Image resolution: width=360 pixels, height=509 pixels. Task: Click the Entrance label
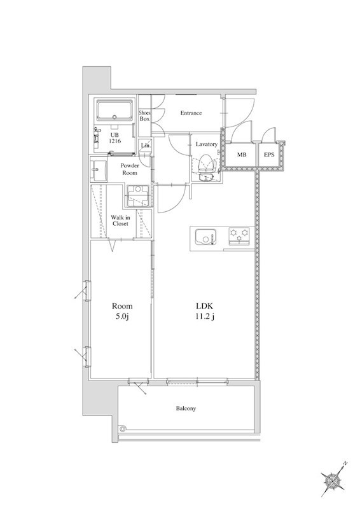point(191,113)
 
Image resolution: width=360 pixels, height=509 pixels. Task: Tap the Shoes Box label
point(144,116)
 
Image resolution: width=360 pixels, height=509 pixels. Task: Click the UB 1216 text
point(115,138)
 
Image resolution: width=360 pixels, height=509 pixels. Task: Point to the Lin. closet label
point(146,146)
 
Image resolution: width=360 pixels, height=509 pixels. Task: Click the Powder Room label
point(130,169)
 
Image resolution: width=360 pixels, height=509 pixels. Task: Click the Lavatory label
point(207,144)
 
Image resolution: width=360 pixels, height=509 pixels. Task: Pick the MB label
point(241,155)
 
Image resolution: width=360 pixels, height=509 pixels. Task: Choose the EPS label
point(269,155)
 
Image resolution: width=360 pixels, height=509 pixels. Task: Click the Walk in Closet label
point(120,220)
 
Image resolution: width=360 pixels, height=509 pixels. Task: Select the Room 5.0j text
point(122,311)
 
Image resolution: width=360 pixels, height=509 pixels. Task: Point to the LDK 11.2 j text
point(205,311)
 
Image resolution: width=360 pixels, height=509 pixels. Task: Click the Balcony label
point(186,408)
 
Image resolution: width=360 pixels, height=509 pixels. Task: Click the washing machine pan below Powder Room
point(138,196)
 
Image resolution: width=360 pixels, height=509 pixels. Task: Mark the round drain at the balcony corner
point(122,428)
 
